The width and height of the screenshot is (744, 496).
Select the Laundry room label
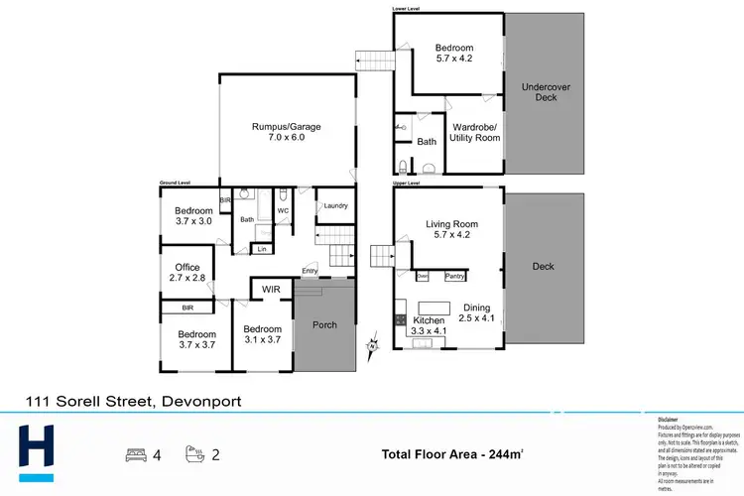pos(334,206)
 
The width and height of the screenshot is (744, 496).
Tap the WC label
pos(283,210)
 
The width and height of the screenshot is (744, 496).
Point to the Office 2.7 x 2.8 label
pos(187,273)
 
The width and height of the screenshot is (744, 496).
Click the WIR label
pos(270,290)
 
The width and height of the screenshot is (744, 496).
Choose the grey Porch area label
pos(324,324)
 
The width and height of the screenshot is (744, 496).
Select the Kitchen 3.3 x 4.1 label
pos(430,326)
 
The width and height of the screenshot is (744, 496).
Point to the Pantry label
pos(455,276)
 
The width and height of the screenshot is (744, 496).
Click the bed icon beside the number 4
pos(135,455)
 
